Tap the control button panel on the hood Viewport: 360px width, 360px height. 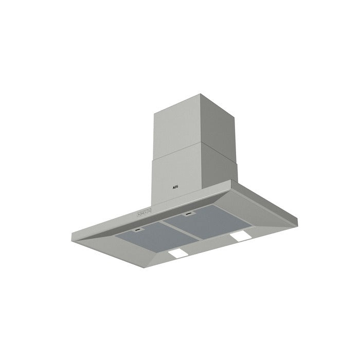[x=143, y=211]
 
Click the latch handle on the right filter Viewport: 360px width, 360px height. [x=189, y=212]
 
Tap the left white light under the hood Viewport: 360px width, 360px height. [x=178, y=254]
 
